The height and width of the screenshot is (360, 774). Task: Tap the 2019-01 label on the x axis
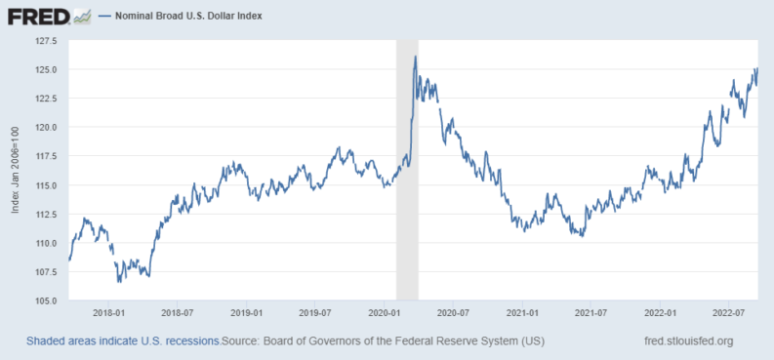pos(247,313)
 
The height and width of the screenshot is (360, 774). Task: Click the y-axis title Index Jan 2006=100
pos(18,171)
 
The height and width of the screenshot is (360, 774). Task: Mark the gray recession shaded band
pos(406,171)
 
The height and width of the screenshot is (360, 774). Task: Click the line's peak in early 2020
pos(416,57)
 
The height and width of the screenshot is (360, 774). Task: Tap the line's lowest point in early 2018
pos(119,282)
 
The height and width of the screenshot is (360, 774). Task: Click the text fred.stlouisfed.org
pos(683,340)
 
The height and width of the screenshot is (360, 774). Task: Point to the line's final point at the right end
pos(757,69)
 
